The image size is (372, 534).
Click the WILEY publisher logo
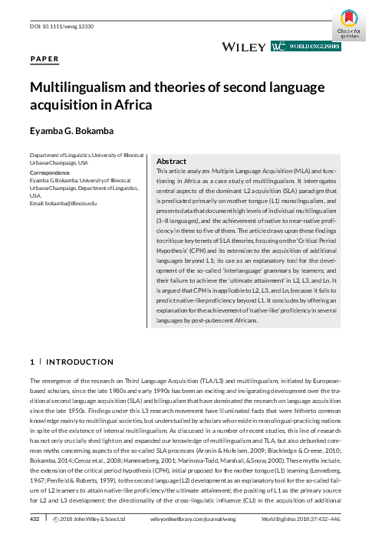(243, 47)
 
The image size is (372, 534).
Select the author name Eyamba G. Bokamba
(78, 130)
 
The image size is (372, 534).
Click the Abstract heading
(172, 162)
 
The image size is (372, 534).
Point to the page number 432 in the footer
(34, 519)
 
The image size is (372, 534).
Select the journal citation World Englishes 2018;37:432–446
(303, 519)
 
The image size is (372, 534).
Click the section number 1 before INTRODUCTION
(31, 361)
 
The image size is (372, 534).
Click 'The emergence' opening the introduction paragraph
(50, 380)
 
